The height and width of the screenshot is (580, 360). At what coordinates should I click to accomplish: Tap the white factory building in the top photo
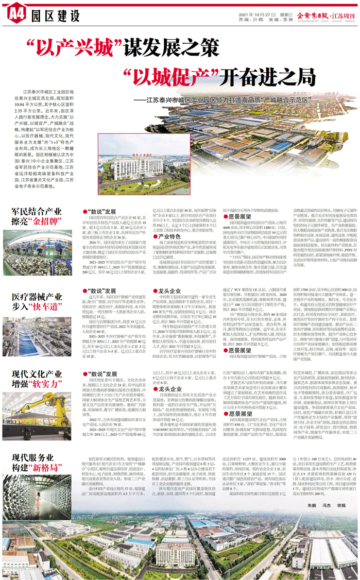point(129,167)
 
